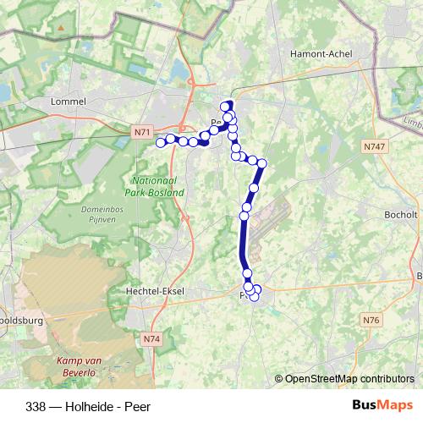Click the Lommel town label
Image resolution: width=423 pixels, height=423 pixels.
point(69,101)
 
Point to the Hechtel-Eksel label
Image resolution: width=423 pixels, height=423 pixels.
point(154,291)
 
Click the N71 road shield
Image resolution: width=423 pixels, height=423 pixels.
point(141,132)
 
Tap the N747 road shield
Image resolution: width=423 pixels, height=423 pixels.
point(373,147)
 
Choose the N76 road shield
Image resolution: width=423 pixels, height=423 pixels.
point(370,320)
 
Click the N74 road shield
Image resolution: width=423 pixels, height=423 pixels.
point(151,339)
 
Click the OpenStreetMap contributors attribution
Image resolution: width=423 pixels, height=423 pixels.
point(344,378)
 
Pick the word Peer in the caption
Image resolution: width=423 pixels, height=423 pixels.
point(137,405)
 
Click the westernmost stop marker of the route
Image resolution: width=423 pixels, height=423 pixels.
point(161,142)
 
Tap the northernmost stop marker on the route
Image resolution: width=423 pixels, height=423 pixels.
point(226,106)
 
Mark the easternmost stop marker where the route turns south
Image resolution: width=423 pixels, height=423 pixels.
point(261,162)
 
